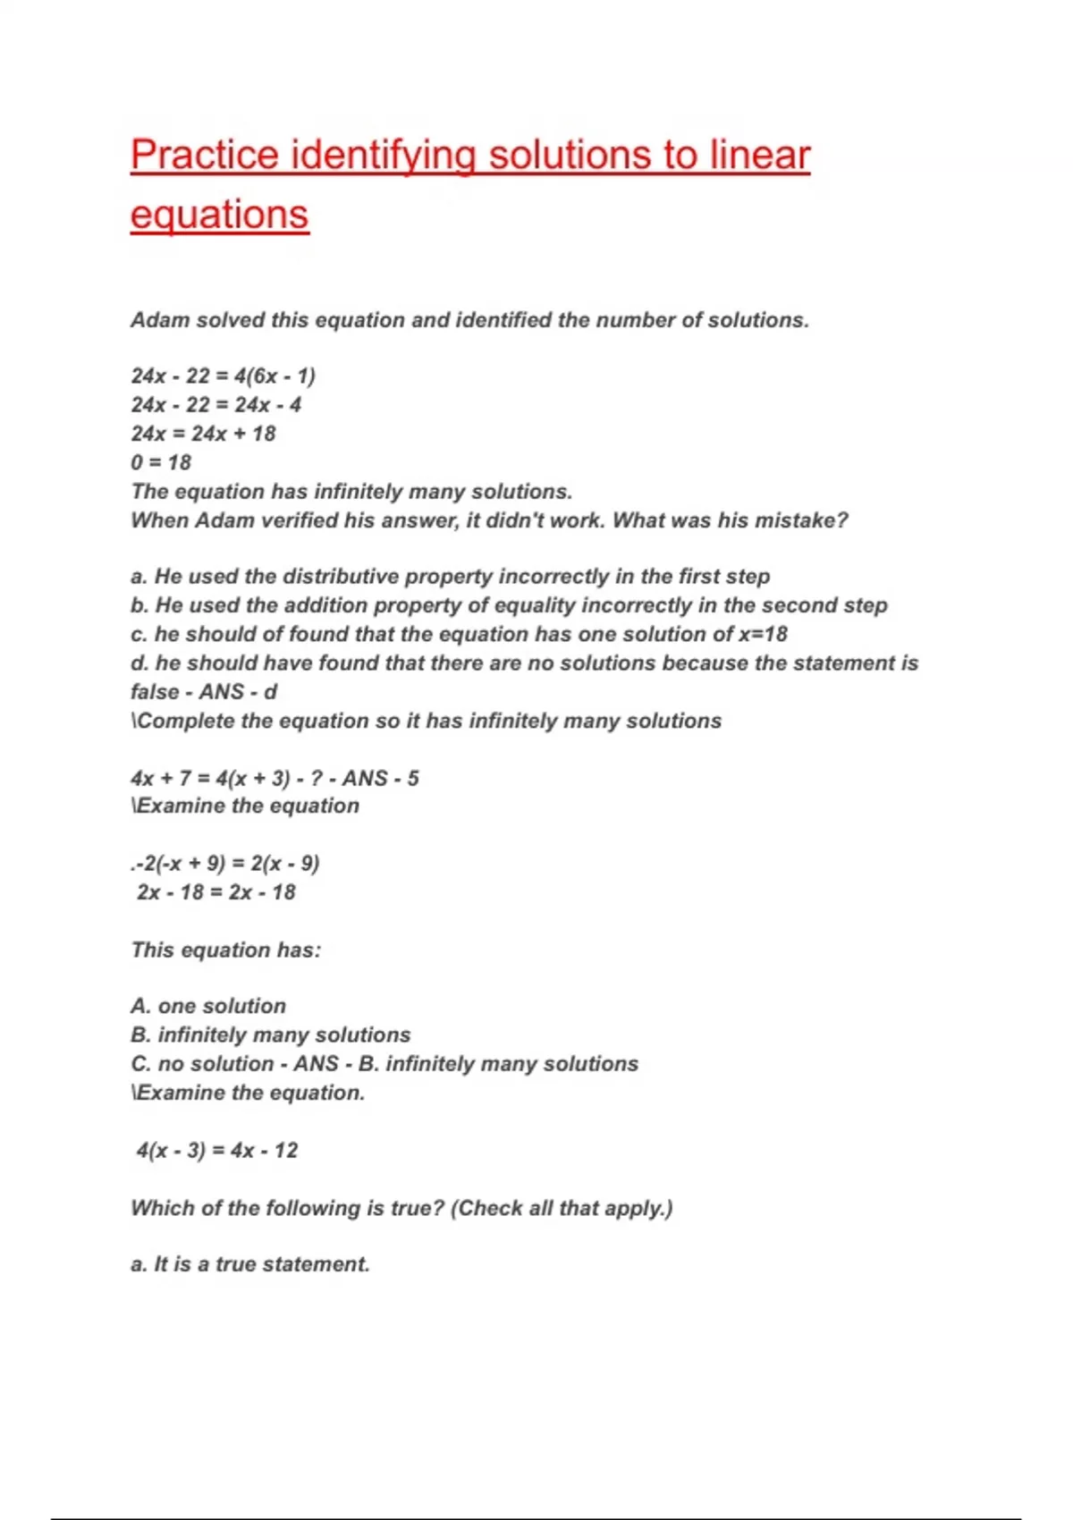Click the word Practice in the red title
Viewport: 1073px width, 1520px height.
tap(204, 155)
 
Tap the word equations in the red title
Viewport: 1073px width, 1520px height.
tap(219, 215)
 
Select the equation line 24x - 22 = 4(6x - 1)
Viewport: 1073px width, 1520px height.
tap(223, 376)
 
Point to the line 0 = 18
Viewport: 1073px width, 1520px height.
tap(161, 462)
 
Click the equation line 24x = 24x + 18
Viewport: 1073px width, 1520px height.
tap(203, 434)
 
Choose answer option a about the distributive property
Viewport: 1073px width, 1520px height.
tap(450, 577)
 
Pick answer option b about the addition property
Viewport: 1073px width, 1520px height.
tap(509, 605)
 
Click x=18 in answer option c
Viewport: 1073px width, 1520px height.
tap(763, 634)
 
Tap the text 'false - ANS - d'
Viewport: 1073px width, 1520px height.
tap(204, 692)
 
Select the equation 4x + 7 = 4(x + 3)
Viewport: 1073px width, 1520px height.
tap(210, 778)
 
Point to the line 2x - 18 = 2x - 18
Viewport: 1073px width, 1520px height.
tap(215, 892)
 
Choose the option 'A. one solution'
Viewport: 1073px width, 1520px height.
tap(208, 1006)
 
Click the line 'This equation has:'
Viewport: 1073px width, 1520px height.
tap(225, 950)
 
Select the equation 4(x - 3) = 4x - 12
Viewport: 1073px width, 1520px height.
tap(216, 1150)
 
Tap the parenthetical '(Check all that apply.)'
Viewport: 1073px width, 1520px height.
tap(562, 1208)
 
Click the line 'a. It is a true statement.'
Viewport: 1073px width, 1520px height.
tap(250, 1264)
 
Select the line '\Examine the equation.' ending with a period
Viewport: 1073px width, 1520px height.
tap(248, 1093)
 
